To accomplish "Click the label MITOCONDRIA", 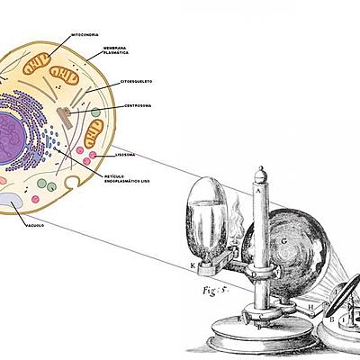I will [x=85, y=34].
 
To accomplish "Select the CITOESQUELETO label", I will [x=137, y=82].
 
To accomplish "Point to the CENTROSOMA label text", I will [x=137, y=105].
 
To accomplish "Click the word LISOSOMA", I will [x=121, y=154].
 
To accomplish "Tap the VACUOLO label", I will [x=33, y=225].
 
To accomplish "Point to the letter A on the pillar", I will [x=261, y=191].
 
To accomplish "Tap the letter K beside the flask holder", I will [x=191, y=266].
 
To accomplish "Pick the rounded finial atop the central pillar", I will [x=261, y=173].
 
